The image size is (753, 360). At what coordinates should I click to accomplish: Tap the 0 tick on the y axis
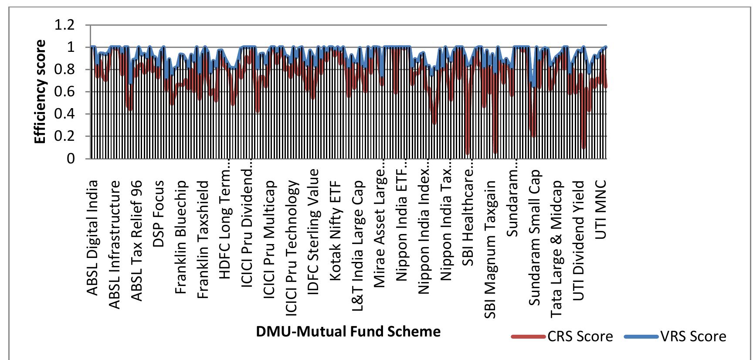[x=70, y=159]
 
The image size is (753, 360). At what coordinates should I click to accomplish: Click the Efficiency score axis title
[x=40, y=92]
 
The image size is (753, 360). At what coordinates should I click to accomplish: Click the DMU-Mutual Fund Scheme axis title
[x=348, y=332]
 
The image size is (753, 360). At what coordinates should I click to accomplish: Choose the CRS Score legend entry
[x=562, y=336]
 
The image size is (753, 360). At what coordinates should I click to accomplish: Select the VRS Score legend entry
[x=675, y=336]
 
